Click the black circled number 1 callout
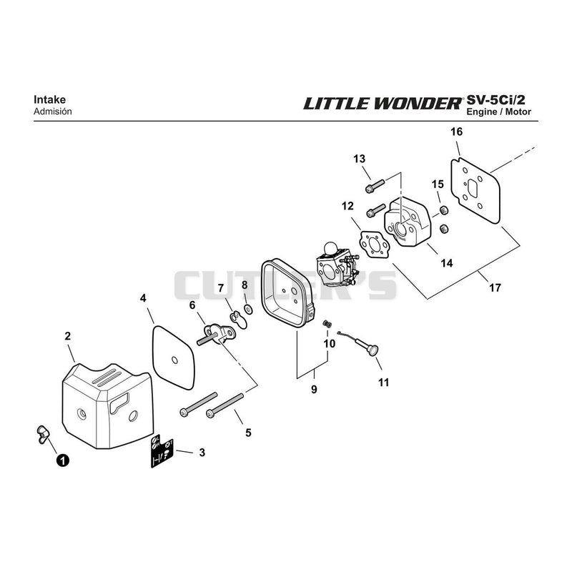(x=62, y=460)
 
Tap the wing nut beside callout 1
(x=43, y=434)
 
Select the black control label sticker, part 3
(x=162, y=451)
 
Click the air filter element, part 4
(x=173, y=357)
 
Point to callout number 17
(x=495, y=288)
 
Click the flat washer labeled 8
(x=249, y=310)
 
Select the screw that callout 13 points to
(x=375, y=186)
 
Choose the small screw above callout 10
(x=327, y=324)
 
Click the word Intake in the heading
(x=49, y=99)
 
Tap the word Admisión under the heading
(x=52, y=112)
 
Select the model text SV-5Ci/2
(x=498, y=99)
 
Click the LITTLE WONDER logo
(x=383, y=103)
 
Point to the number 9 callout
(x=314, y=389)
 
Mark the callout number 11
(x=383, y=383)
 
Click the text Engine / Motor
(x=498, y=112)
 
